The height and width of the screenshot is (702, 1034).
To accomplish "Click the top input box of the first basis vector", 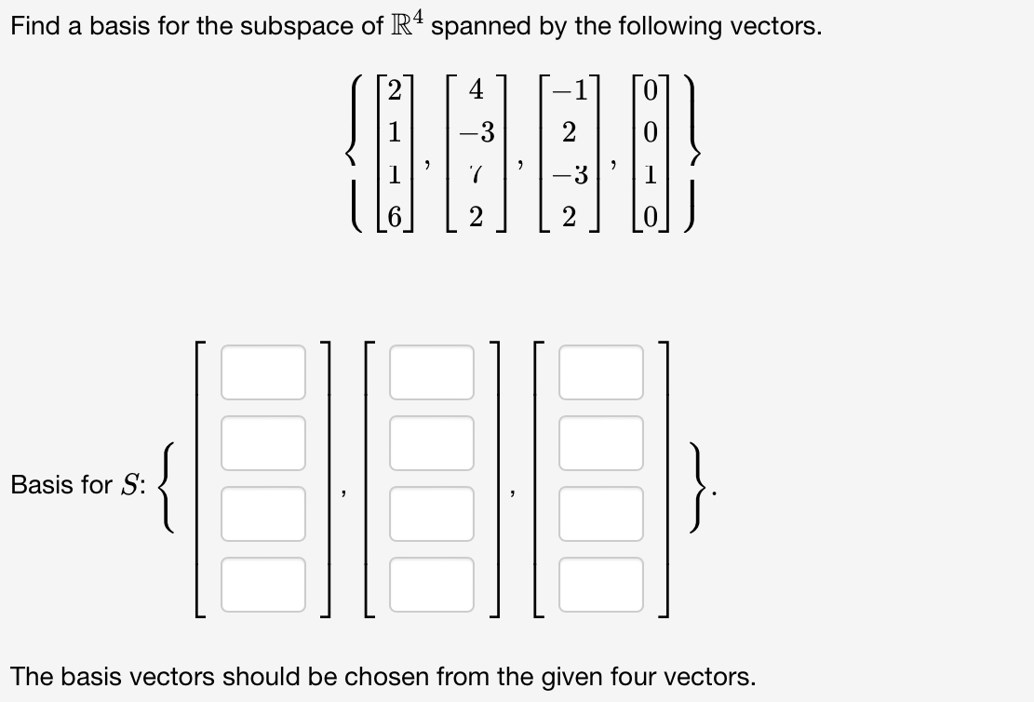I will coord(263,363).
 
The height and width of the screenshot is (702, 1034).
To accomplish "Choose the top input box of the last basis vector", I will coord(601,363).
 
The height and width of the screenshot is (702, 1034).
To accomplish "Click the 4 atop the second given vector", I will coord(476,91).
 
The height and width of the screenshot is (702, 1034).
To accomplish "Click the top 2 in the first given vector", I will coord(395,91).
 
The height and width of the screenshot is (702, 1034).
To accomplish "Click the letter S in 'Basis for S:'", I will coord(129,484).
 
